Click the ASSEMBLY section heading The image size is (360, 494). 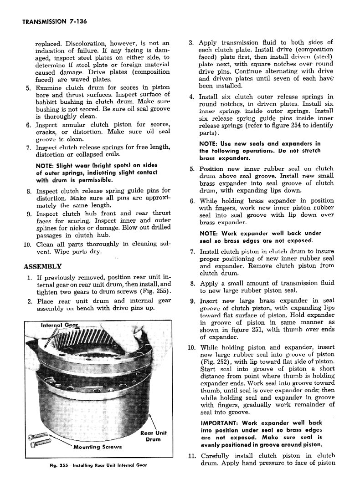point(43,266)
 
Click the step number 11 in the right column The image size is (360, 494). point(191,455)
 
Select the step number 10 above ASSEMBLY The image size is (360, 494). point(27,244)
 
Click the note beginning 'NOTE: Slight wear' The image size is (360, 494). point(96,173)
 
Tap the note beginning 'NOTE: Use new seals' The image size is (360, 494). point(260,151)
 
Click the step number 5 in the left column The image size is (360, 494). point(28,88)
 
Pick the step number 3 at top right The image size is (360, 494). point(192,42)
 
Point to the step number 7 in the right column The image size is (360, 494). point(192,252)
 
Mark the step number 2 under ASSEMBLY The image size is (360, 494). point(29,301)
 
